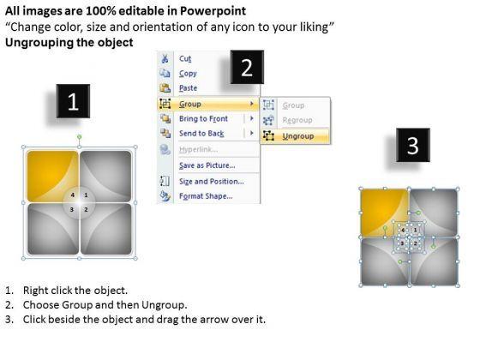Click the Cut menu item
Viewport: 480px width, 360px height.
click(185, 58)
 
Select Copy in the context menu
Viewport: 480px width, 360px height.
click(188, 74)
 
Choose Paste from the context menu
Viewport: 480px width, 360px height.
click(189, 88)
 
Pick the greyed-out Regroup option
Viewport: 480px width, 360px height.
click(297, 120)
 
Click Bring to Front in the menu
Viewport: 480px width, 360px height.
click(204, 119)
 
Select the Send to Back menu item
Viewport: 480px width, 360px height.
click(201, 134)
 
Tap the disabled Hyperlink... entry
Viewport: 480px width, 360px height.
click(198, 149)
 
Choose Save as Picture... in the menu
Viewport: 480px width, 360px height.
click(207, 165)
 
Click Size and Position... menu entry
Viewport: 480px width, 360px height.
click(212, 182)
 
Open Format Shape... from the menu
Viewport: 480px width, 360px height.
click(206, 196)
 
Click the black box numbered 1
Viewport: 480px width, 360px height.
click(73, 101)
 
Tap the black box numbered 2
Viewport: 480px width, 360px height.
click(247, 67)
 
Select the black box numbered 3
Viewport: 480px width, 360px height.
click(413, 145)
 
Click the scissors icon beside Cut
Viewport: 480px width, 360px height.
click(165, 58)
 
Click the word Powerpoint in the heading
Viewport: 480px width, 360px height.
click(213, 11)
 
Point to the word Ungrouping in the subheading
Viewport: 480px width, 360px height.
click(39, 42)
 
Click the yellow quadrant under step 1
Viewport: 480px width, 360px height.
click(52, 176)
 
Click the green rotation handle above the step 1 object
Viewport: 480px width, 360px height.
click(79, 136)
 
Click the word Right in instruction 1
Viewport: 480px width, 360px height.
click(33, 291)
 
